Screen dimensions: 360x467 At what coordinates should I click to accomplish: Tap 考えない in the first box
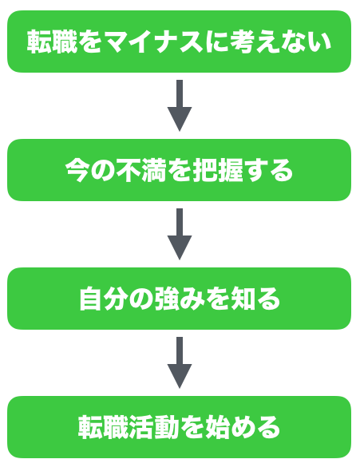280,42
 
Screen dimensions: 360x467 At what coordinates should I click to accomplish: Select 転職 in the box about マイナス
52,42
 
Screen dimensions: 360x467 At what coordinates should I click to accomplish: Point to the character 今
77,170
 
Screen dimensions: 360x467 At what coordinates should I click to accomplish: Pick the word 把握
218,170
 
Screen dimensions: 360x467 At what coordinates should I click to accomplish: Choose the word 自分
104,299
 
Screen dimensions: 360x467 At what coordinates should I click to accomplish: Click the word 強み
180,299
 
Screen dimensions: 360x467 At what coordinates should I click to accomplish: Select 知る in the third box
256,299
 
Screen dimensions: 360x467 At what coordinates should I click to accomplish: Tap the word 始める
243,427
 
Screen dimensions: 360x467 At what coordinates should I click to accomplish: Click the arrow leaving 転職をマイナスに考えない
180,105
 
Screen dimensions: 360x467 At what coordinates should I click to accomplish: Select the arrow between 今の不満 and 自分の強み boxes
180,234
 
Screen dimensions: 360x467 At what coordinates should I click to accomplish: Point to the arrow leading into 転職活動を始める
180,362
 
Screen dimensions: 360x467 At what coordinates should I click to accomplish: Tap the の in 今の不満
103,170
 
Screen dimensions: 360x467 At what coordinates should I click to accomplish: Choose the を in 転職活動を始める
192,427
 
